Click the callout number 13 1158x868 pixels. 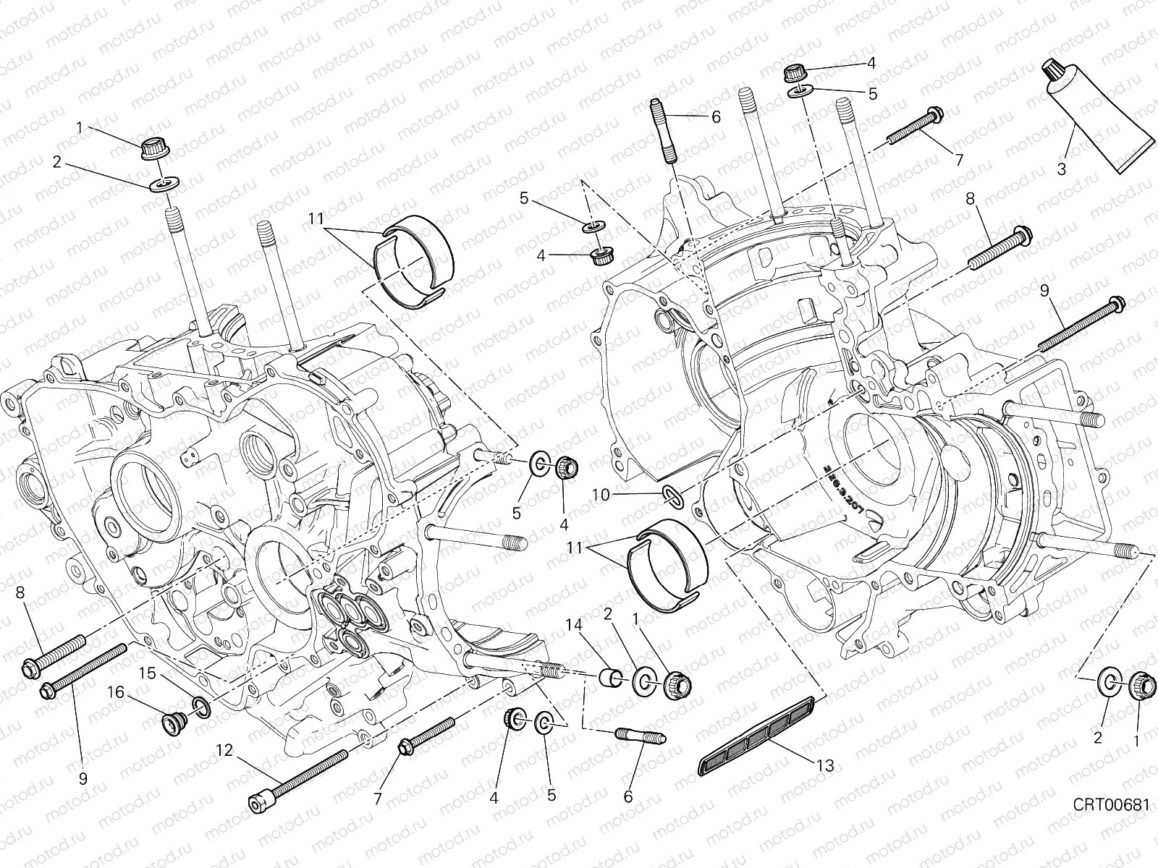click(x=824, y=765)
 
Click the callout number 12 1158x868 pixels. click(x=225, y=750)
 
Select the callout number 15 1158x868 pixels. click(x=148, y=673)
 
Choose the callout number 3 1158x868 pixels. click(x=1062, y=170)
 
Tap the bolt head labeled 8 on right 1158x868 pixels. click(x=1023, y=234)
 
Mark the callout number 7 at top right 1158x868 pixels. click(x=960, y=160)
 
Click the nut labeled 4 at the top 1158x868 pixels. click(x=795, y=73)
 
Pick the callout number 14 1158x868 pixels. click(x=572, y=623)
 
